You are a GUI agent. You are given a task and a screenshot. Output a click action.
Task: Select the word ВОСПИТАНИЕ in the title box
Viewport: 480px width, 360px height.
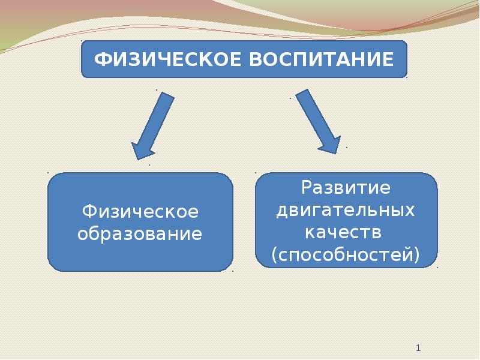tap(322, 59)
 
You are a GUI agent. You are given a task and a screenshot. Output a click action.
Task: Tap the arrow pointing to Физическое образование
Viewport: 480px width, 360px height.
tap(153, 126)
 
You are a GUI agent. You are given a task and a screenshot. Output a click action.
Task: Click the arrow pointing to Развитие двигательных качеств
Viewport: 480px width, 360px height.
tap(318, 122)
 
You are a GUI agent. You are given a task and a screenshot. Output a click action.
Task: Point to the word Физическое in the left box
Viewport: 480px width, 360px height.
tap(140, 211)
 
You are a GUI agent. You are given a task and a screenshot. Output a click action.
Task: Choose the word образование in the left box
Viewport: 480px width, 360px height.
tap(140, 233)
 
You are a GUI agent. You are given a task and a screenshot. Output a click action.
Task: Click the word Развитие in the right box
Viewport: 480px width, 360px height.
tap(346, 187)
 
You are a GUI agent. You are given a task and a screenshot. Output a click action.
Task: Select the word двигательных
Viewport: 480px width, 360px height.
tap(346, 211)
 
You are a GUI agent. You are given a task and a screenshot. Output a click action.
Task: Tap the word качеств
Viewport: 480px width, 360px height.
tap(343, 233)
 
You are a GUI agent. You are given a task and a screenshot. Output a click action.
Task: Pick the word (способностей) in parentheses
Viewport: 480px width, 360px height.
tap(346, 254)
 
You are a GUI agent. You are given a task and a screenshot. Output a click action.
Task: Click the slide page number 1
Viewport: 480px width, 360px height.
tap(418, 348)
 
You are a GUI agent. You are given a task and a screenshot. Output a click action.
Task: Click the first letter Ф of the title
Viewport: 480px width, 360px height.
tap(101, 59)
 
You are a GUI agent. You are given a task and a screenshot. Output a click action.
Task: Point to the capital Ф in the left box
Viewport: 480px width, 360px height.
tap(89, 211)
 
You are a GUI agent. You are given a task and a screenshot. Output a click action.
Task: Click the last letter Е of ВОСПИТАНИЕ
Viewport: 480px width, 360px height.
tap(388, 59)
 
